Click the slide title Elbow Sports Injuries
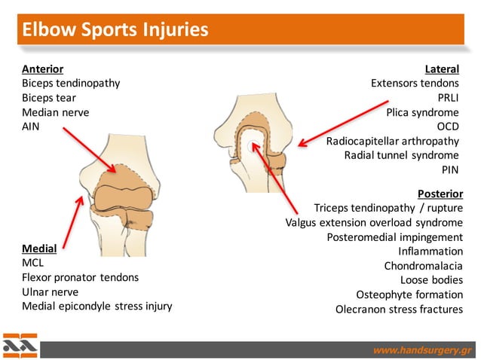coord(115,31)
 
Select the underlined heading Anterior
coord(43,69)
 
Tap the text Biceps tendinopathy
coord(71,83)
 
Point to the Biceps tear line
coord(49,98)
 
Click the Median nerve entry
coord(56,112)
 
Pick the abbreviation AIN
coord(31,127)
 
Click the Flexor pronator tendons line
coord(81,277)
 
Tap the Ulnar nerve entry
coord(51,291)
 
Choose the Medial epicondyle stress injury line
coord(97,306)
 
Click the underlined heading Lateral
coord(442,69)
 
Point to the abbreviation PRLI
coord(448,98)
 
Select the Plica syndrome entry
coord(422,112)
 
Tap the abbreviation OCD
coord(448,127)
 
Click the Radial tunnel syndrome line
coord(401,155)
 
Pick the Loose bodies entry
coord(431,280)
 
